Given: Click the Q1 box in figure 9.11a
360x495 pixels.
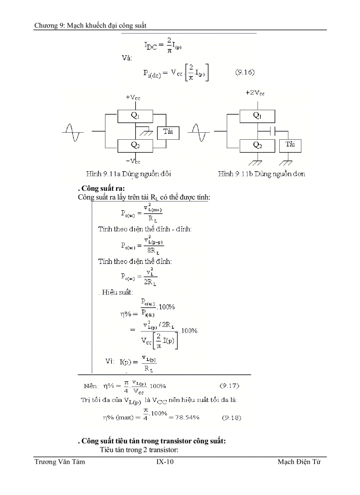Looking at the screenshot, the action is click(135, 116).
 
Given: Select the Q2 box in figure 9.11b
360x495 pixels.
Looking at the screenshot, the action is click(257, 145).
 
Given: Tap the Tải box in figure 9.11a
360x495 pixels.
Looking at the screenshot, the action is click(168, 132).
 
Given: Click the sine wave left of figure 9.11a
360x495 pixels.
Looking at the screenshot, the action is click(72, 131).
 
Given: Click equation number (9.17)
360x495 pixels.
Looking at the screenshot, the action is click(229, 386).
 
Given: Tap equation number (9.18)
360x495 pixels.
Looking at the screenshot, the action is click(232, 417).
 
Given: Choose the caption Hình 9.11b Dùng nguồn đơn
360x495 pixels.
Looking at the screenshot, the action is click(262, 174).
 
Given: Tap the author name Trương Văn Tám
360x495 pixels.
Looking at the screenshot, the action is click(60, 462).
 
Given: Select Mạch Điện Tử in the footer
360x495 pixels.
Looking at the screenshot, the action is click(299, 462).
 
